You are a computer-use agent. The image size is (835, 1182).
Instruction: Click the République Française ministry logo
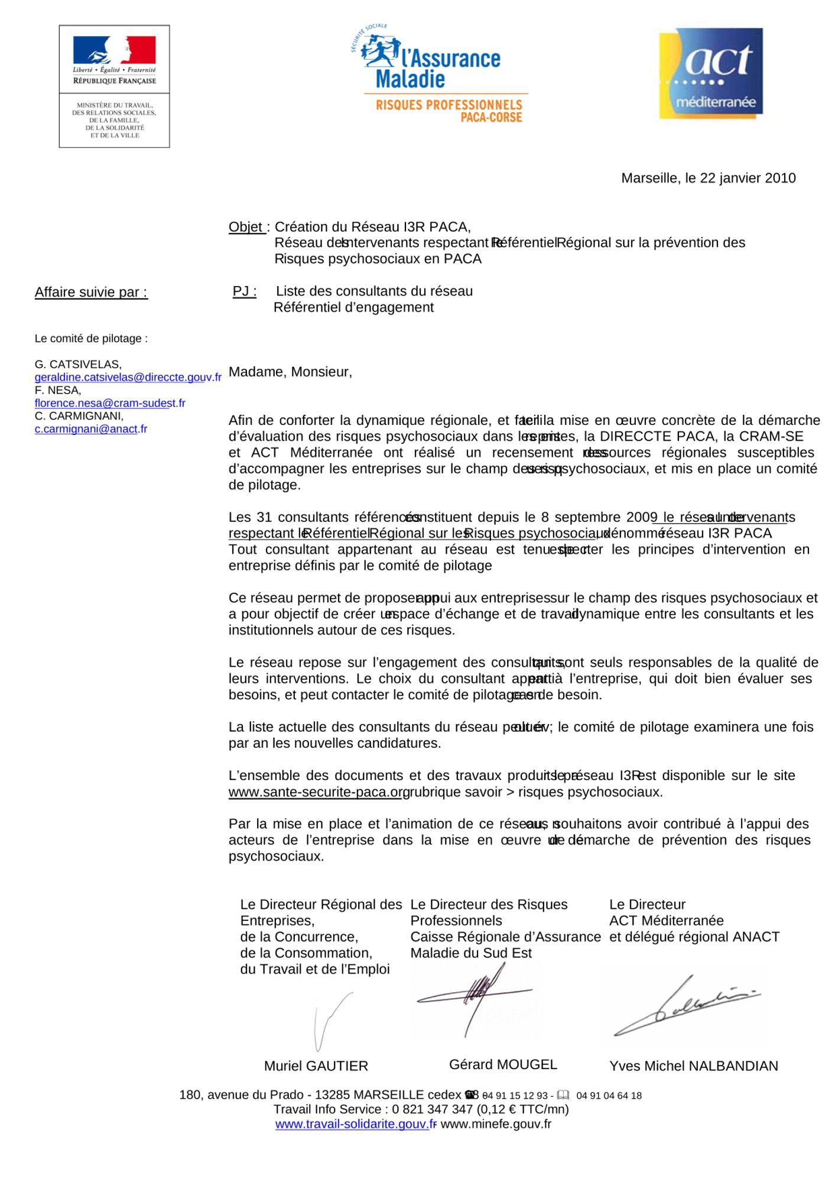(x=114, y=86)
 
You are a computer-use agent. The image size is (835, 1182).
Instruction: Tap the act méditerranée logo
(x=711, y=73)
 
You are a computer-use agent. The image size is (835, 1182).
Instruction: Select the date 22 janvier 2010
(x=748, y=178)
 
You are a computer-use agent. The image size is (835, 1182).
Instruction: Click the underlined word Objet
(x=246, y=227)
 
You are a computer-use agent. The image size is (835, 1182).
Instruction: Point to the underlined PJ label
(x=244, y=291)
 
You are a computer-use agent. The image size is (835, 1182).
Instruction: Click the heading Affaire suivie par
(x=91, y=293)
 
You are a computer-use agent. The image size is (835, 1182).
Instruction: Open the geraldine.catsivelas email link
(x=128, y=377)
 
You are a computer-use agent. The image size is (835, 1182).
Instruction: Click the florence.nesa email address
(x=110, y=403)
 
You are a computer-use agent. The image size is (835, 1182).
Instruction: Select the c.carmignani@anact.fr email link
(x=91, y=429)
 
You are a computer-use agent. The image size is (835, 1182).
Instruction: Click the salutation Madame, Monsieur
(x=290, y=372)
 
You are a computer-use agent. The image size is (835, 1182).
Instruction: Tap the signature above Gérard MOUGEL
(x=475, y=999)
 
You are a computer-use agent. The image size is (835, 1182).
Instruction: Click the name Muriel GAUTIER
(x=316, y=1066)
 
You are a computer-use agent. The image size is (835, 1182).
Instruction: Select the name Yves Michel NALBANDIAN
(x=693, y=1066)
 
